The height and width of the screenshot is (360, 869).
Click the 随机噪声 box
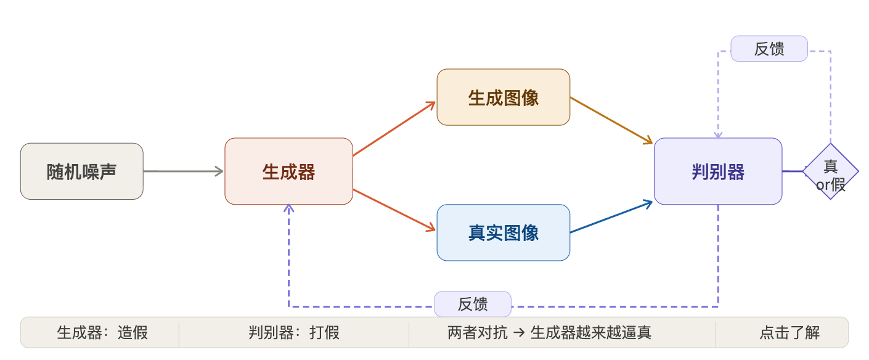[x=82, y=171]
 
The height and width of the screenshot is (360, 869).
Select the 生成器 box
[x=288, y=171]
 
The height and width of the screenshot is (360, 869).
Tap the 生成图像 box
[x=504, y=97]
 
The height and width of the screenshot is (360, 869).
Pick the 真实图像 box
[x=504, y=232]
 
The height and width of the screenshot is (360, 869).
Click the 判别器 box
[x=718, y=171]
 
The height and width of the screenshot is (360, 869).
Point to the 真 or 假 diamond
[x=830, y=171]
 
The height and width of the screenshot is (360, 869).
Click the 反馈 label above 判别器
[x=769, y=49]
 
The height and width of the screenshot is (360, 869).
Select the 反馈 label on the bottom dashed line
[x=473, y=304]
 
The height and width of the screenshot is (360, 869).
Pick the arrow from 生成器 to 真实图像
[x=394, y=211]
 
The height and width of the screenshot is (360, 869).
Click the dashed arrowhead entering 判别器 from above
[x=718, y=134]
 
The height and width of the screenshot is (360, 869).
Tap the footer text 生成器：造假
[x=102, y=333]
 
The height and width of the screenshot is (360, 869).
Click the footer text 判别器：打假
[x=294, y=333]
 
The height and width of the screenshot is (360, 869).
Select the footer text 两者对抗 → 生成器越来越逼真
[x=549, y=333]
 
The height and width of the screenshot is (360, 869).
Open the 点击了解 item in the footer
[x=789, y=333]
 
